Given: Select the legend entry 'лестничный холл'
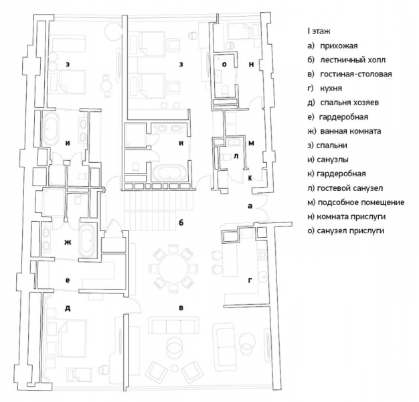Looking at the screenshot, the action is coord(353,60).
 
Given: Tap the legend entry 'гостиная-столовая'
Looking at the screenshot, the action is coord(356,74).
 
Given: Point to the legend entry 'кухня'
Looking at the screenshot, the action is coord(331,88).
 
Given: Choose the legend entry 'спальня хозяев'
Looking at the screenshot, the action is coord(349,103).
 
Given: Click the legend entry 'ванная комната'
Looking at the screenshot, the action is coord(351,131).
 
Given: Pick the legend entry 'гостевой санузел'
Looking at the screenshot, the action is coord(350,188).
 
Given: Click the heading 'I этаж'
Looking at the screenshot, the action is coord(319,31).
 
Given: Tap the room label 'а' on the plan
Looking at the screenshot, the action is coord(250,206).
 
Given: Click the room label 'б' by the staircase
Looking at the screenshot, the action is coord(181,222).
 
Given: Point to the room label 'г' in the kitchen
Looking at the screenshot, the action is coord(250,281).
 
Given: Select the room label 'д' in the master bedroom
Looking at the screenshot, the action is coord(68,308).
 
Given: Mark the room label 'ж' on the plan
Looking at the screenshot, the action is coord(68,243).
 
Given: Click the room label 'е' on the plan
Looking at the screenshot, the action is coord(68,280).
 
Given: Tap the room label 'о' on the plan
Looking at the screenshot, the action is coord(224,64).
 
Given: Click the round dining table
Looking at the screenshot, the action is coord(174,268).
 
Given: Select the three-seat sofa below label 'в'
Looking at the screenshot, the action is coord(174,325).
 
